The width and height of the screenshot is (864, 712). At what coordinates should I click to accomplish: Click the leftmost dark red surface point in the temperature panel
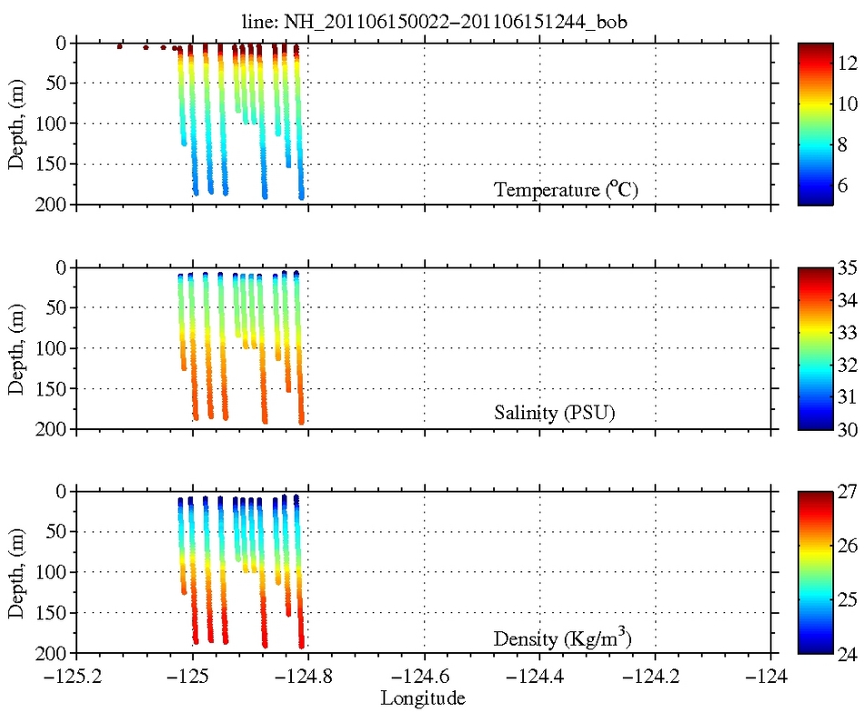click(120, 45)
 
